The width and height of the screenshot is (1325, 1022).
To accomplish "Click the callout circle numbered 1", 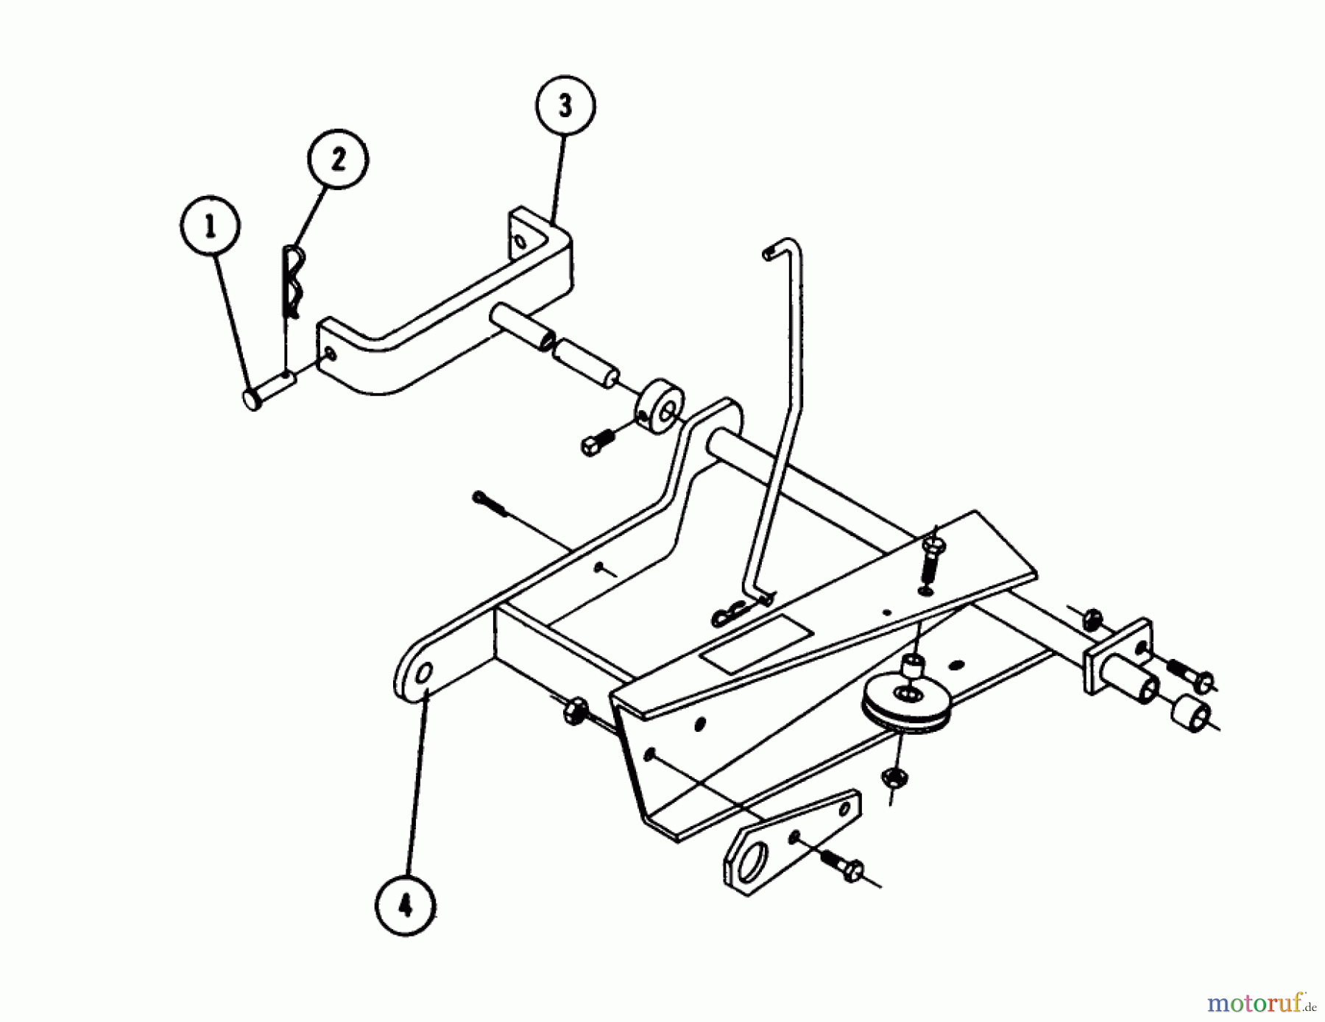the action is (211, 228).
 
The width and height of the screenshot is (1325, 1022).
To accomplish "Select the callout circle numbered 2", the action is (338, 159).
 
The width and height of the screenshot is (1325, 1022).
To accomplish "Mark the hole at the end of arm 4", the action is (425, 675).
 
